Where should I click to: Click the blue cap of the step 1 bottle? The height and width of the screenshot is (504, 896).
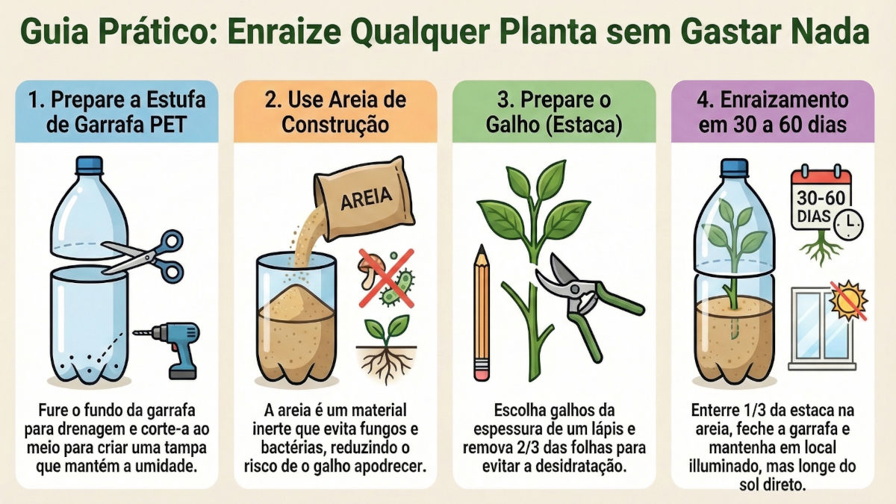point(90,165)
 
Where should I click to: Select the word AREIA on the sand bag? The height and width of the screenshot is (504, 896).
point(366,198)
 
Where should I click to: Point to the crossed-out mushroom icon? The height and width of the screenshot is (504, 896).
point(371,271)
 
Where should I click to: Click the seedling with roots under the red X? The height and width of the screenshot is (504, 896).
point(387,348)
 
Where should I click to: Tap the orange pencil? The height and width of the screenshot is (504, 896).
point(482,312)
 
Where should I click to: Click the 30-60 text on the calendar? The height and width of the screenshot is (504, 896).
point(821,198)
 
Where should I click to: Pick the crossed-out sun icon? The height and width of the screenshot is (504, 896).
point(848,299)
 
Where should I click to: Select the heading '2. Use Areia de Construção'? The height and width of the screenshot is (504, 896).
point(335,112)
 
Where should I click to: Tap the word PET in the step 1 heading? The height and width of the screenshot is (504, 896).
point(168,125)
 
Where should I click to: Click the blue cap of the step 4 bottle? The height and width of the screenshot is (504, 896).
point(734,167)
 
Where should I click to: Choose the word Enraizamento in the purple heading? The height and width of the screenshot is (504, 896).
point(785,99)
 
